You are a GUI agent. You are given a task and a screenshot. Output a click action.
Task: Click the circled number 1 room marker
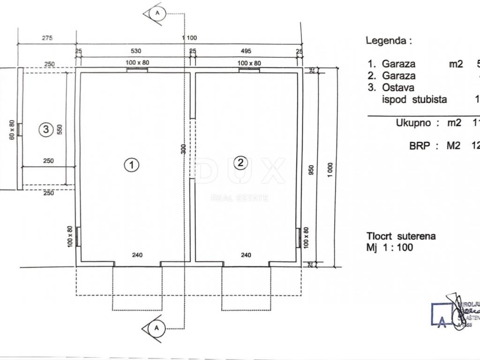click(132, 165)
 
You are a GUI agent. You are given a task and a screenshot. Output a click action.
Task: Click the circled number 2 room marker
click(240, 163)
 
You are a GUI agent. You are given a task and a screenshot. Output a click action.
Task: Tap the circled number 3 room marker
click(45, 129)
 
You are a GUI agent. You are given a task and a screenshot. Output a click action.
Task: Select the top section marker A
click(157, 13)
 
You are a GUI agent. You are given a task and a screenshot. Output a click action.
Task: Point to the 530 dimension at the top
click(135, 51)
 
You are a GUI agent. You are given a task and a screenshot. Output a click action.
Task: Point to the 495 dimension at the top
click(246, 51)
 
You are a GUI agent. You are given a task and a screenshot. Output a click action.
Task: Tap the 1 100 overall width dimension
click(189, 38)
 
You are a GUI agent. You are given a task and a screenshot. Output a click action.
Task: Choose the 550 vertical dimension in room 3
click(60, 129)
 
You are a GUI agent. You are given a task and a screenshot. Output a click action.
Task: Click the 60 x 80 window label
click(11, 129)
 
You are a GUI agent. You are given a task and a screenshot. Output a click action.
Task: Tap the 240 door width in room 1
click(137, 255)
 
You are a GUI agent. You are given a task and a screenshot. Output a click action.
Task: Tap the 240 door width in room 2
click(246, 255)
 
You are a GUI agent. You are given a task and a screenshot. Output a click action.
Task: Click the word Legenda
click(385, 40)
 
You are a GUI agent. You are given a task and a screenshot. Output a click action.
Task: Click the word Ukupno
click(414, 123)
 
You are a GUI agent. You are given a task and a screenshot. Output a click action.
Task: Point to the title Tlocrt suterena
click(401, 236)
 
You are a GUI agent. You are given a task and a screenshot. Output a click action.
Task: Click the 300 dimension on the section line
click(183, 150)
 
